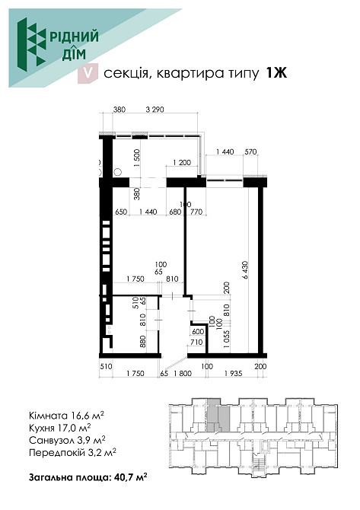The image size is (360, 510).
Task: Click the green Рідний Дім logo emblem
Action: pyautogui.click(x=31, y=44)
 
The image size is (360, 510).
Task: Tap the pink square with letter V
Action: pyautogui.click(x=88, y=74)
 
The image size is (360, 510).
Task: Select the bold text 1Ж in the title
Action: pyautogui.click(x=276, y=74)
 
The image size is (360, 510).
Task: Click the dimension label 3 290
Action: pyautogui.click(x=155, y=110)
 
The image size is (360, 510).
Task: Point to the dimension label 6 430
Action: pyautogui.click(x=245, y=269)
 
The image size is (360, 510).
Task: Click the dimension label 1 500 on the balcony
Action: pyautogui.click(x=136, y=158)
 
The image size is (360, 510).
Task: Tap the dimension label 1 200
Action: pyautogui.click(x=182, y=162)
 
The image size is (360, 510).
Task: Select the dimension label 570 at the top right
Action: pyautogui.click(x=250, y=151)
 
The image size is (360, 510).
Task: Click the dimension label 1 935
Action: pyautogui.click(x=233, y=374)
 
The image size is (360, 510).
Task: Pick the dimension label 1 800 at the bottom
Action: pyautogui.click(x=183, y=374)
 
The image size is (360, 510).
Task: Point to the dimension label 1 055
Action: pyautogui.click(x=227, y=339)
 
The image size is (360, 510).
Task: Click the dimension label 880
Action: pyautogui.click(x=143, y=342)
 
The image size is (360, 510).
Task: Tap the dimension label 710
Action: pyautogui.click(x=196, y=343)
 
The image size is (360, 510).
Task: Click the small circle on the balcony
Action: pyautogui.click(x=118, y=171)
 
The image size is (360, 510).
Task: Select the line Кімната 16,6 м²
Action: pyautogui.click(x=66, y=416)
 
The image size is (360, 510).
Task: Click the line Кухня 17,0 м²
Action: pyautogui.click(x=60, y=428)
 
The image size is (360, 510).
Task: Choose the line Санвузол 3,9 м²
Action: pyautogui.click(x=67, y=441)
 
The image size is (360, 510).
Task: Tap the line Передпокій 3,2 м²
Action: pyautogui.click(x=72, y=453)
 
